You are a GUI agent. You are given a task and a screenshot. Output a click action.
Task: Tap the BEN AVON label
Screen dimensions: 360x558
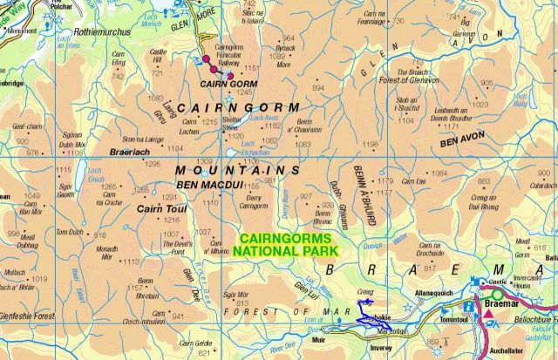463,139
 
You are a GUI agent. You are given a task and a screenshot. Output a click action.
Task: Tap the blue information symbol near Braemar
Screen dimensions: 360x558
476,282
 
